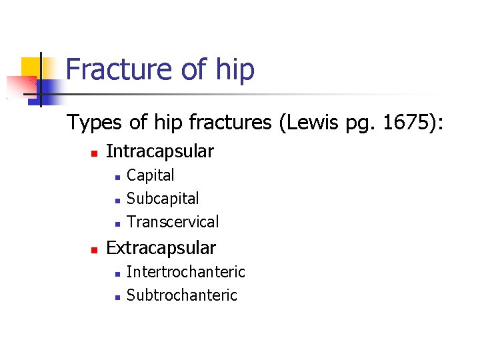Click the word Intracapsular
pyautogui.click(x=160, y=152)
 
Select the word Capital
pyautogui.click(x=151, y=175)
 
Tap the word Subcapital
pyautogui.click(x=163, y=199)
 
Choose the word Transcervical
pyautogui.click(x=173, y=221)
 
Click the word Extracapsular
pyautogui.click(x=161, y=248)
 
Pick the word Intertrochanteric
pyautogui.click(x=186, y=272)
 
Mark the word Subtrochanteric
pyautogui.click(x=182, y=295)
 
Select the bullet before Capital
pyautogui.click(x=116, y=177)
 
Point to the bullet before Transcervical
pyautogui.click(x=116, y=223)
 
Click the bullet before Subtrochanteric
pyautogui.click(x=116, y=297)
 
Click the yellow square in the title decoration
pyautogui.click(x=31, y=67)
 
